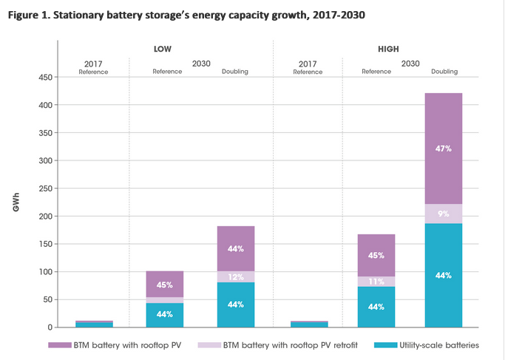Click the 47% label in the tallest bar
click(x=444, y=149)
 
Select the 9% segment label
click(x=444, y=214)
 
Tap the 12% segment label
click(x=235, y=276)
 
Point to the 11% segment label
click(x=376, y=282)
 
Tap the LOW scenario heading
click(x=163, y=49)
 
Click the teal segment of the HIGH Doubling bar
click(x=444, y=275)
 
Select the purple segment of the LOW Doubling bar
click(x=235, y=248)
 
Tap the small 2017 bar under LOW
click(x=95, y=325)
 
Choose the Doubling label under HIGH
click(x=444, y=72)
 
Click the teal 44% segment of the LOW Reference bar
click(x=165, y=315)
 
